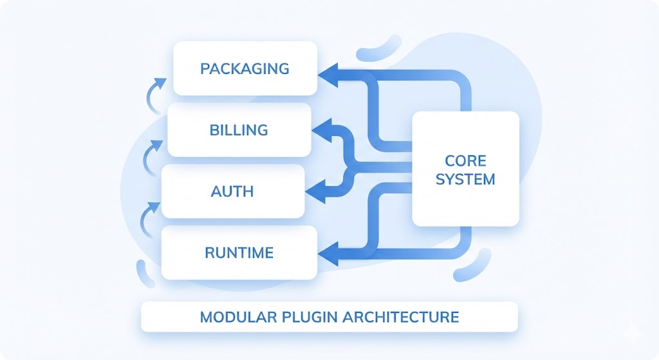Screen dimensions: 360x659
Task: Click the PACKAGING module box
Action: tap(245, 68)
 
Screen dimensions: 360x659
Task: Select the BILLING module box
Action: tap(239, 130)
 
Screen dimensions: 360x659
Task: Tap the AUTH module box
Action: tap(232, 191)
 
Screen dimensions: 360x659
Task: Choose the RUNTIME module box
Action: tap(239, 252)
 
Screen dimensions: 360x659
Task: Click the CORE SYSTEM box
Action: tap(465, 169)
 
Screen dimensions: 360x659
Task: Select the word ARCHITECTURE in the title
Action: tap(401, 317)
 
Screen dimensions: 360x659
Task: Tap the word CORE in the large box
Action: tap(465, 160)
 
